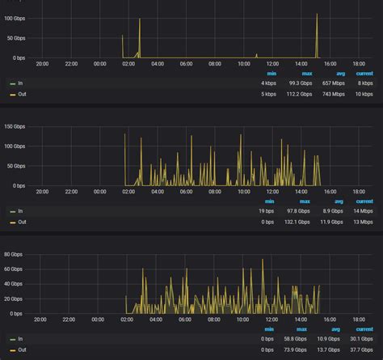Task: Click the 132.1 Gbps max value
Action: [300, 221]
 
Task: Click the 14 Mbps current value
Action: [364, 210]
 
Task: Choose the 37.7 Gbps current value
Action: [362, 349]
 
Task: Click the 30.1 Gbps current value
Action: [362, 339]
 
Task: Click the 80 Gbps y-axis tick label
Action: [13, 254]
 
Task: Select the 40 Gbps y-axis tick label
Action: [13, 283]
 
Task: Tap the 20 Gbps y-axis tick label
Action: [13, 298]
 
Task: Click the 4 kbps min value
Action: [268, 83]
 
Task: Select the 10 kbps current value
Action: [364, 94]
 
